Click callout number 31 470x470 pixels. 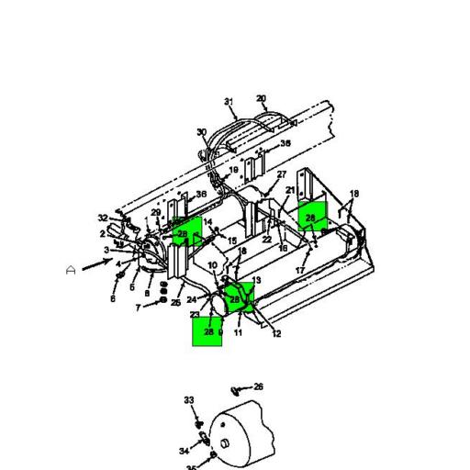coord(229,102)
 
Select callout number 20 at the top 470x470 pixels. coord(261,98)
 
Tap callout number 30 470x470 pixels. coord(202,133)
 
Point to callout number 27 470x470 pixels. coord(282,174)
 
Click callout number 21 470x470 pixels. coord(290,191)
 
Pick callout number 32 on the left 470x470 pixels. coord(103,218)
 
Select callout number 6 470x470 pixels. coord(113,298)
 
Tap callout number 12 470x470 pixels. coord(276,334)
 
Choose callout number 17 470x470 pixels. coord(299,271)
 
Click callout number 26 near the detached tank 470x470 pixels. coord(258,386)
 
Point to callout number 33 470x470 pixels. coord(189,400)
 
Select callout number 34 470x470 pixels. coord(184,452)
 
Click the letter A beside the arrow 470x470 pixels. coord(71,270)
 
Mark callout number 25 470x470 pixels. coord(175,303)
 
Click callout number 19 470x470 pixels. coord(233,171)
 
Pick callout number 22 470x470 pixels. coord(266,240)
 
